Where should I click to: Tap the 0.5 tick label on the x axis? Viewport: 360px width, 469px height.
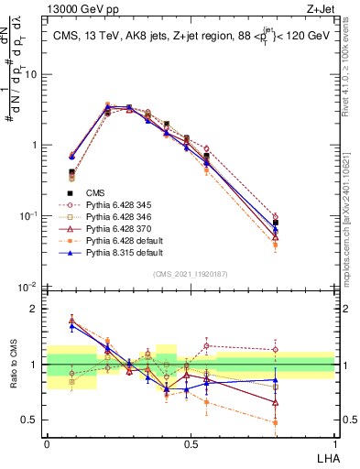pyautogui.click(x=190, y=443)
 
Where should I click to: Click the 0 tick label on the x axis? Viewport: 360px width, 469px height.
pyautogui.click(x=47, y=443)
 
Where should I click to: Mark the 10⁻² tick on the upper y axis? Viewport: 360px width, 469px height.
pyautogui.click(x=28, y=287)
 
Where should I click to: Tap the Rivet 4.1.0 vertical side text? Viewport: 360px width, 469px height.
pyautogui.click(x=352, y=82)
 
